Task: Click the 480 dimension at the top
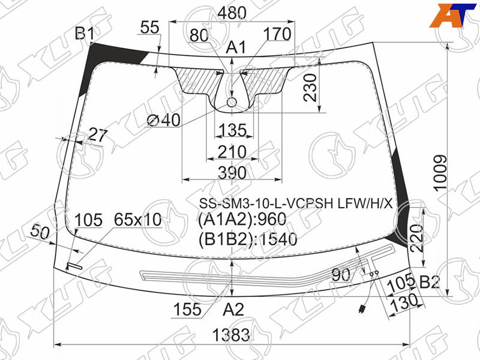(232, 13)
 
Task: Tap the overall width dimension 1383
(231, 335)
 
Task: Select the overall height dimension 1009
(441, 173)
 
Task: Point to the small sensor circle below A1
(232, 102)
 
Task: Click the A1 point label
(236, 48)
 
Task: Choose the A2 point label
(233, 310)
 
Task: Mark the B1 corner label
(85, 34)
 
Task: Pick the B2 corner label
(430, 282)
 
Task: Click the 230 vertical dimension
(310, 88)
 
